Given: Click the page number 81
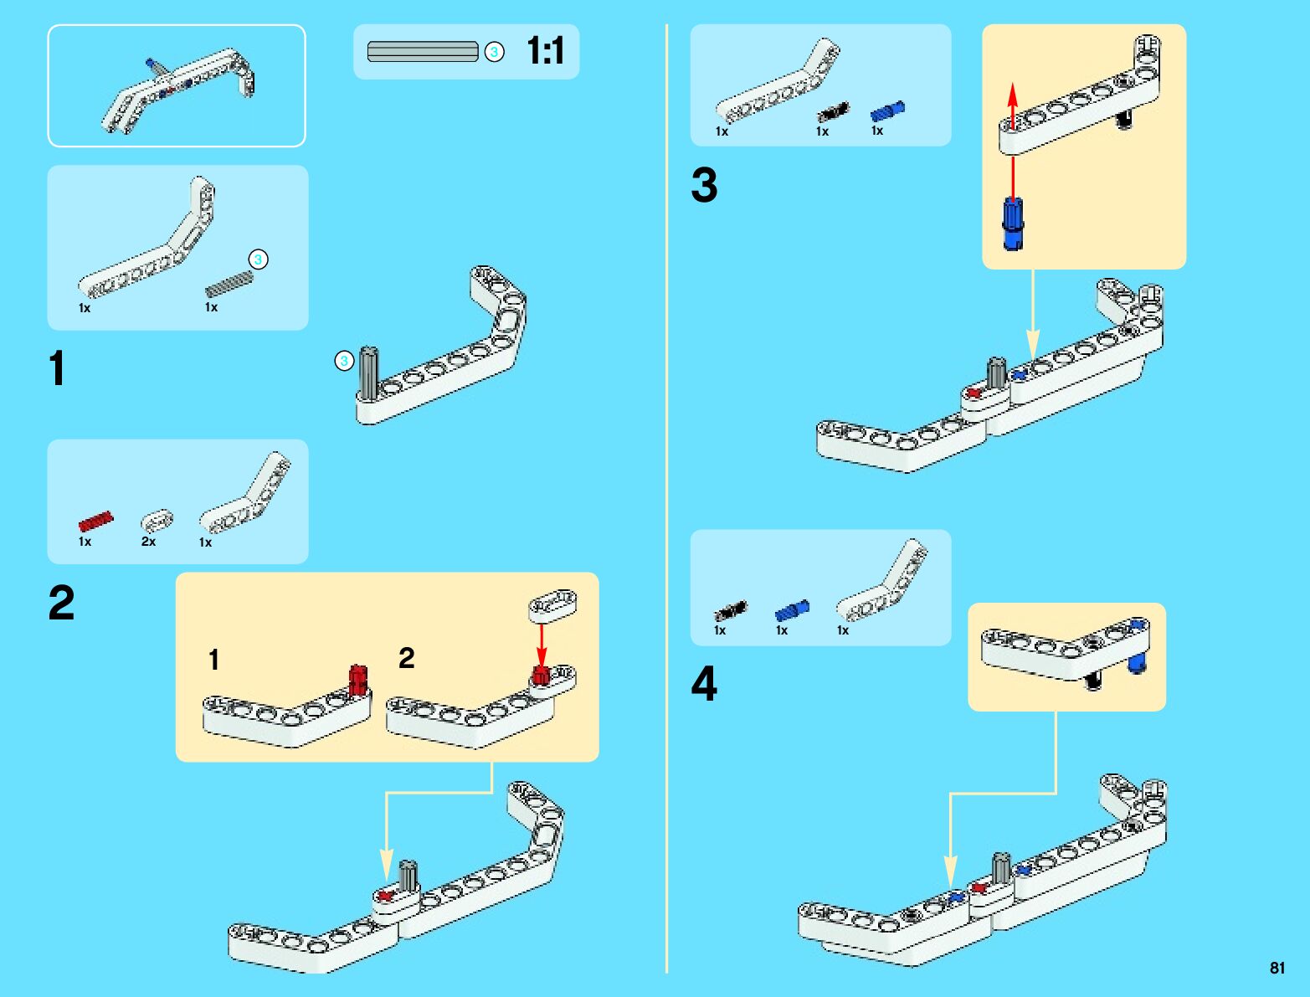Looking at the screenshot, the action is pos(1277,968).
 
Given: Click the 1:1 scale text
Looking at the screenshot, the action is pos(546,51).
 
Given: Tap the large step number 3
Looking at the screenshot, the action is pos(704,185).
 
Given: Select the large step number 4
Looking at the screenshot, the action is pos(704,684).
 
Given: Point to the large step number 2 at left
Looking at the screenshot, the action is pos(61,603).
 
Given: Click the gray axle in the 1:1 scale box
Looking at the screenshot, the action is pos(423,52).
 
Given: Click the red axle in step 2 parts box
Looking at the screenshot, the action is pos(95,522).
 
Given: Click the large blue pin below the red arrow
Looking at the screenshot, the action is pos(1013,224).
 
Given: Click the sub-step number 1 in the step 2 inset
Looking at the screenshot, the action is pos(214,660).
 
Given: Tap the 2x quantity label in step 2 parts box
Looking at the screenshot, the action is pos(148,542).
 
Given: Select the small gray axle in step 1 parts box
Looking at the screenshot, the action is pos(229,285).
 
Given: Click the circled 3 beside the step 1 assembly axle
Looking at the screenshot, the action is pos(344,362).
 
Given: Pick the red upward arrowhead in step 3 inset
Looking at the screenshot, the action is pos(1013,94).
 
